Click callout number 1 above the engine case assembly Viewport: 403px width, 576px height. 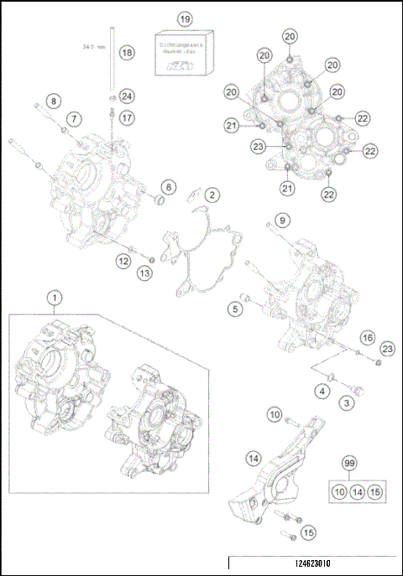pyautogui.click(x=55, y=298)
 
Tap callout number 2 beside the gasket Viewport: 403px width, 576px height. pyautogui.click(x=213, y=195)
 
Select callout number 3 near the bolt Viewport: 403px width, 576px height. pyautogui.click(x=344, y=404)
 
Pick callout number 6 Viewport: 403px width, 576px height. pyautogui.click(x=168, y=186)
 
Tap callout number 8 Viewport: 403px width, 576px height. pyautogui.click(x=53, y=101)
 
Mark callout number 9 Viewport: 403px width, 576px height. pyautogui.click(x=282, y=221)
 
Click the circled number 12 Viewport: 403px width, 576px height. pyautogui.click(x=123, y=262)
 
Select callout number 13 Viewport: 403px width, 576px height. pyautogui.click(x=145, y=274)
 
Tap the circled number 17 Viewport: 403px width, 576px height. pyautogui.click(x=126, y=118)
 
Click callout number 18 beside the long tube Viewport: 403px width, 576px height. pyautogui.click(x=126, y=53)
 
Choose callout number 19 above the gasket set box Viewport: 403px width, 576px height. pyautogui.click(x=185, y=18)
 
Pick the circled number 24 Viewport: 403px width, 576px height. pyautogui.click(x=126, y=95)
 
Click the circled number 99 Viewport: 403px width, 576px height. pyautogui.click(x=353, y=462)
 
